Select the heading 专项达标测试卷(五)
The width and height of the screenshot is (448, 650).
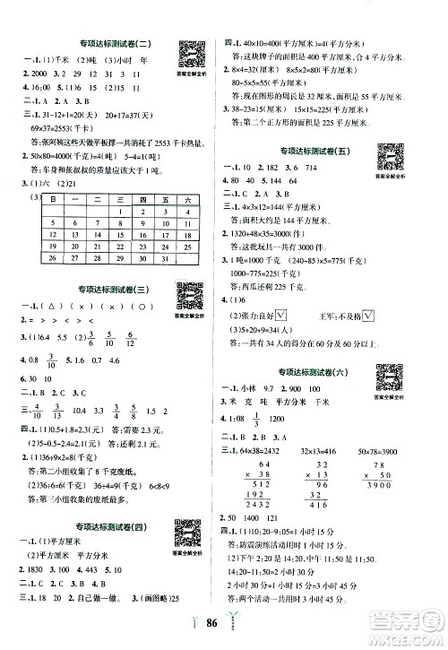pos(323,149)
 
